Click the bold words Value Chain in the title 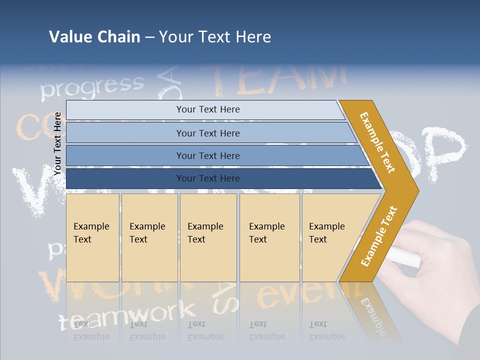click(x=94, y=37)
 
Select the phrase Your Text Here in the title click(x=215, y=37)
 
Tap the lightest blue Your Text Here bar click(x=208, y=109)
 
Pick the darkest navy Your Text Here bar click(x=208, y=178)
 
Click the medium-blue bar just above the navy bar click(x=208, y=156)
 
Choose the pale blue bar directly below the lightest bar click(x=208, y=133)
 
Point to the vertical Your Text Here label click(x=57, y=143)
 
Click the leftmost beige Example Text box click(x=92, y=237)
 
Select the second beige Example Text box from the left click(x=149, y=237)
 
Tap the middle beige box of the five click(x=208, y=237)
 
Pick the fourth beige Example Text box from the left click(x=269, y=237)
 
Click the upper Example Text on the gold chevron click(x=377, y=142)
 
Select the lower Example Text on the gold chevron click(x=379, y=236)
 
